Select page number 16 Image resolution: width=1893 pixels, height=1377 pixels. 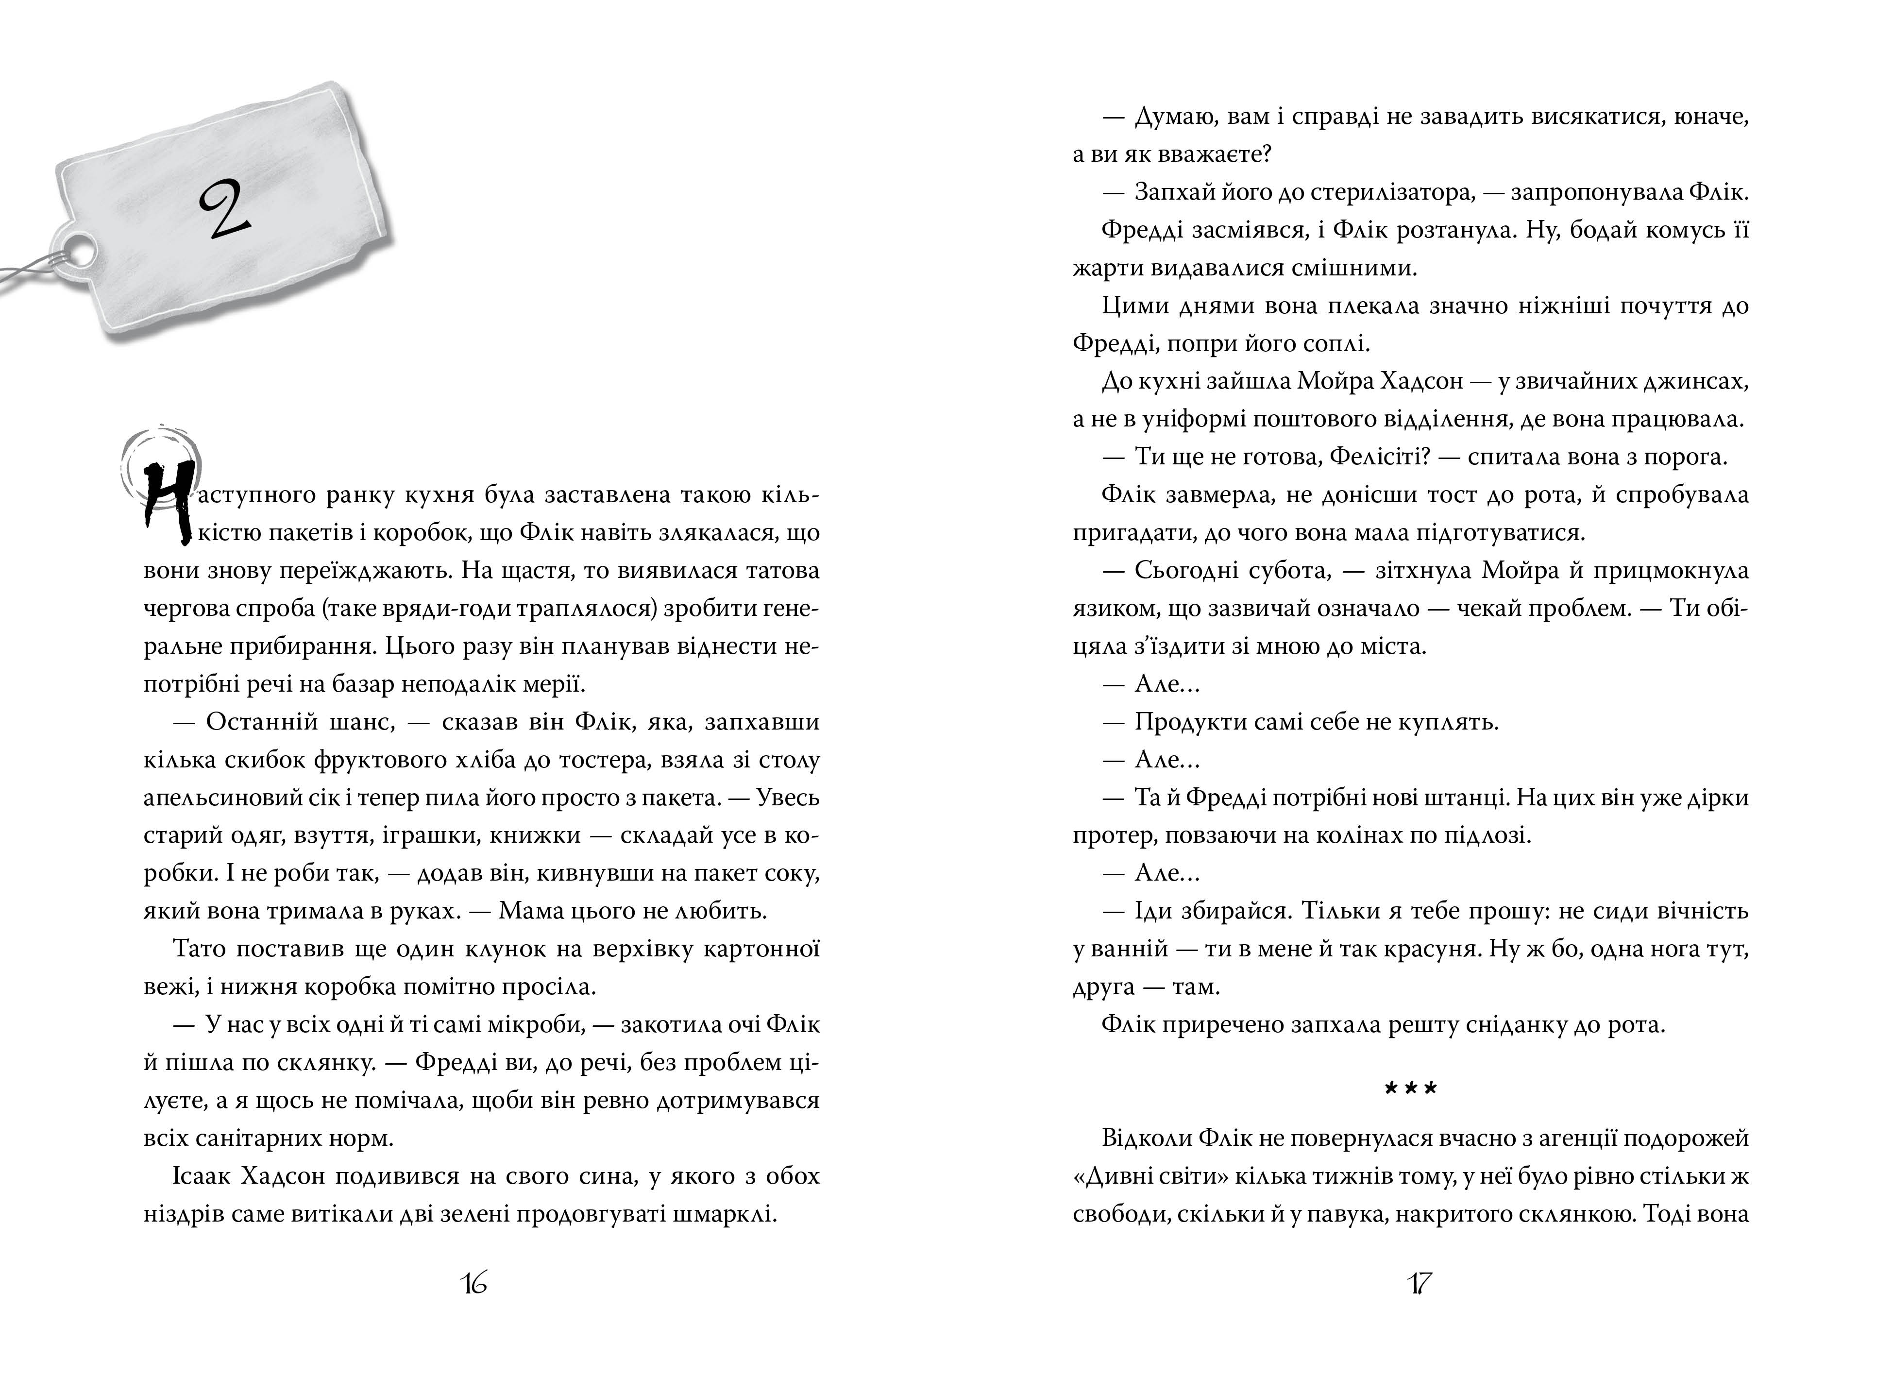click(x=473, y=1283)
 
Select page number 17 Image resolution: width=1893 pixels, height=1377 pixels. click(x=1419, y=1283)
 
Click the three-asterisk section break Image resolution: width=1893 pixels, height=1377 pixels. click(x=1411, y=1089)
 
